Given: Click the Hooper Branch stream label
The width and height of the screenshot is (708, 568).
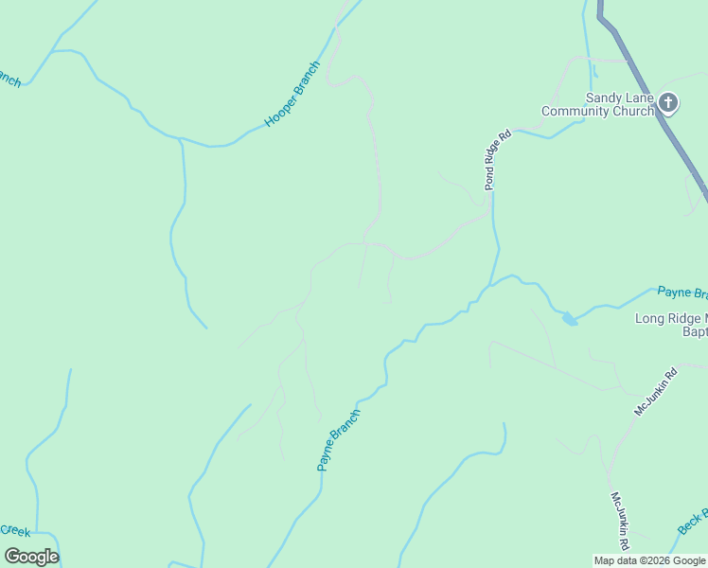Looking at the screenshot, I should [x=292, y=95].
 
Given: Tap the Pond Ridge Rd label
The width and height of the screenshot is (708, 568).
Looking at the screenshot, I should [x=498, y=159].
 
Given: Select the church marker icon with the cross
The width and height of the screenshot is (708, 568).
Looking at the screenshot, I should [x=668, y=102].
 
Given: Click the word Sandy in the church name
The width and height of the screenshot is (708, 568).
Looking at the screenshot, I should [x=604, y=98].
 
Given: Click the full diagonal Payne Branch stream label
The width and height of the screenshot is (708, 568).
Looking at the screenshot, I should [x=339, y=440].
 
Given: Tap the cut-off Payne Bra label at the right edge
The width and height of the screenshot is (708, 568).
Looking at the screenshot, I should [x=682, y=293].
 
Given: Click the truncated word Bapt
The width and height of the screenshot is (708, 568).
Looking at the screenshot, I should [x=695, y=331].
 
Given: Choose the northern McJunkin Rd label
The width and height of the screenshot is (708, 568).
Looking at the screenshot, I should [x=656, y=391].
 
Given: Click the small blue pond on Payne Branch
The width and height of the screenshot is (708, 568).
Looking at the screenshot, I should [x=569, y=319].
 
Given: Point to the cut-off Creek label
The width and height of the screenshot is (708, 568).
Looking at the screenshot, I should [x=15, y=530].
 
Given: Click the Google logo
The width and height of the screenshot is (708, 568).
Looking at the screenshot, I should [x=31, y=557].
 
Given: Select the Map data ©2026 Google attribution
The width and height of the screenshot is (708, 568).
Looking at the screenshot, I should [x=649, y=560].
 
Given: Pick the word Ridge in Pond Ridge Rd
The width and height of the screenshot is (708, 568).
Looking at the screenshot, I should [x=498, y=160].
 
